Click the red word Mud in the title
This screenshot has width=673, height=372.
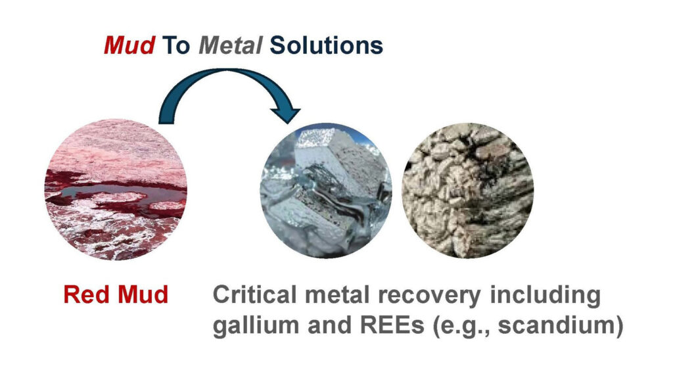[x=129, y=45]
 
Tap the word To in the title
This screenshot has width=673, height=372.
[x=176, y=45]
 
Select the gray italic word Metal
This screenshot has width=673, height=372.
[x=231, y=45]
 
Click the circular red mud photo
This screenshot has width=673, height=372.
[x=116, y=189]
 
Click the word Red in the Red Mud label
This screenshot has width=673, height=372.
[x=87, y=294]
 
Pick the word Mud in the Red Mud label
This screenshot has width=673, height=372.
[x=143, y=294]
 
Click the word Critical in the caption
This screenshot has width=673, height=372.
[x=254, y=295]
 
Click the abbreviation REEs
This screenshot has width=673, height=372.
[x=392, y=325]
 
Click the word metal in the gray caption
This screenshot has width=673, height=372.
[x=337, y=295]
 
